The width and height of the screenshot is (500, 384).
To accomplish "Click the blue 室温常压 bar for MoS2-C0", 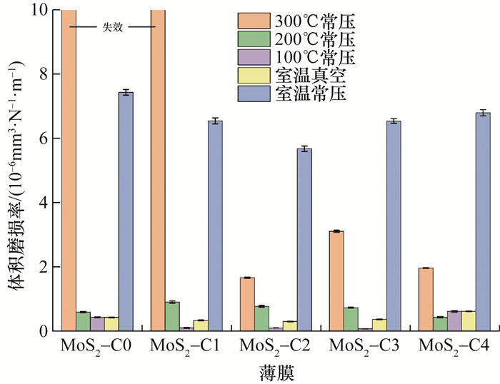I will (126, 211).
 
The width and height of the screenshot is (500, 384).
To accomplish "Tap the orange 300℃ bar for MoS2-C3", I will (337, 281).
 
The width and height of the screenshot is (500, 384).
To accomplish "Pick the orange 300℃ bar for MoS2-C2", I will (248, 304).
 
